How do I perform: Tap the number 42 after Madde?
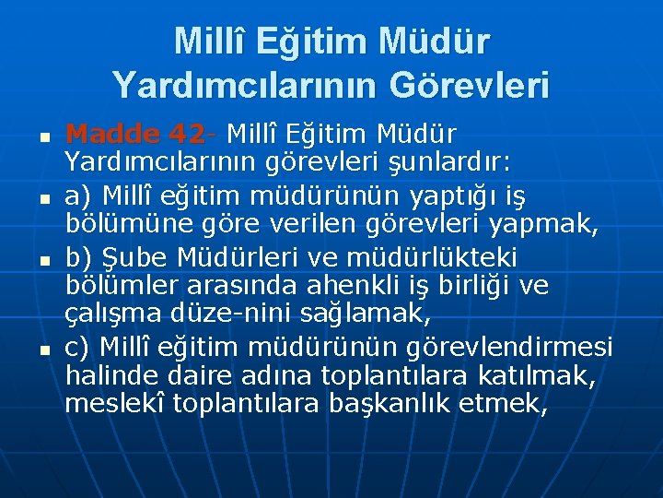(187, 135)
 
